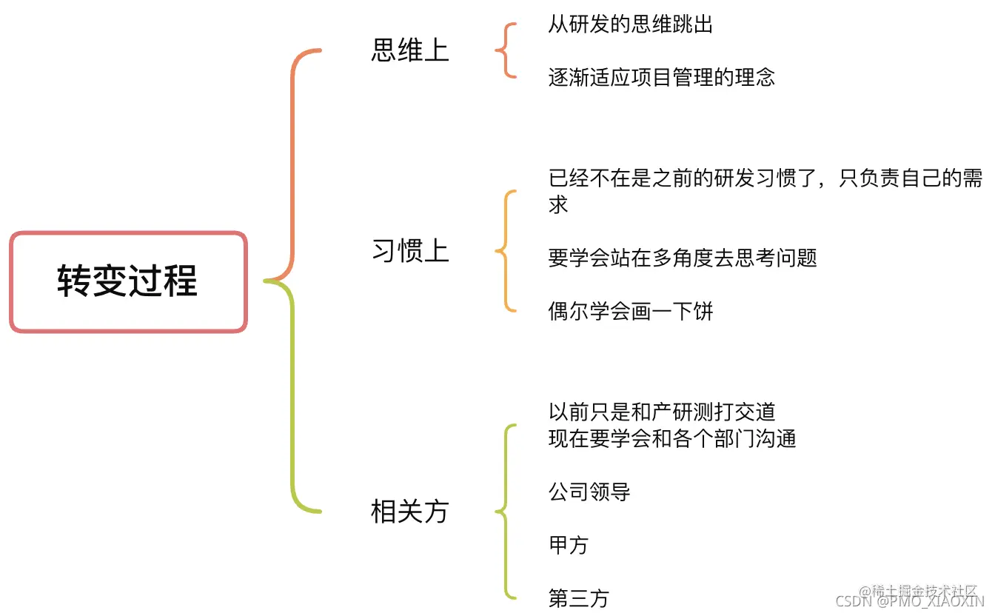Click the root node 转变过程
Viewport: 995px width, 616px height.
[x=128, y=282]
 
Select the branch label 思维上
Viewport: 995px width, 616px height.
[x=410, y=50]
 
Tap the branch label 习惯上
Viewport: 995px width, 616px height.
[x=410, y=252]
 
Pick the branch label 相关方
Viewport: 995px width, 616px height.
[x=410, y=512]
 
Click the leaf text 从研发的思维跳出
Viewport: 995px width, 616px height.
[x=631, y=24]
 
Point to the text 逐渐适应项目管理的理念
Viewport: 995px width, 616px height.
[x=662, y=77]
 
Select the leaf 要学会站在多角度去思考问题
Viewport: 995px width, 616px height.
[x=683, y=258]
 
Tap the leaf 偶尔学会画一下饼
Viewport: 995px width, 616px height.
[x=631, y=311]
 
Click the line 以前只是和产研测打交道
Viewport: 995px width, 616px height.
[x=662, y=412]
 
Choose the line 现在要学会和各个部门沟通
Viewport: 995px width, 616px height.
[x=672, y=438]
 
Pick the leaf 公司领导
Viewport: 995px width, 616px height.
[x=589, y=492]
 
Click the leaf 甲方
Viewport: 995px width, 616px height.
[x=569, y=546]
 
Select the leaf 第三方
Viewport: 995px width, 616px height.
[x=579, y=598]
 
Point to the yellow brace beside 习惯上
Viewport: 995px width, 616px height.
[x=505, y=252]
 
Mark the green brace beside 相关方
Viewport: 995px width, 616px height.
[x=505, y=511]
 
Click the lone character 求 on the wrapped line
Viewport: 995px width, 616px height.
[x=558, y=205]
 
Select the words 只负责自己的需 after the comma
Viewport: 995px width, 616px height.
[x=911, y=178]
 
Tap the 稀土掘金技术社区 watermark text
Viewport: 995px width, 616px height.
[x=924, y=591]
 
